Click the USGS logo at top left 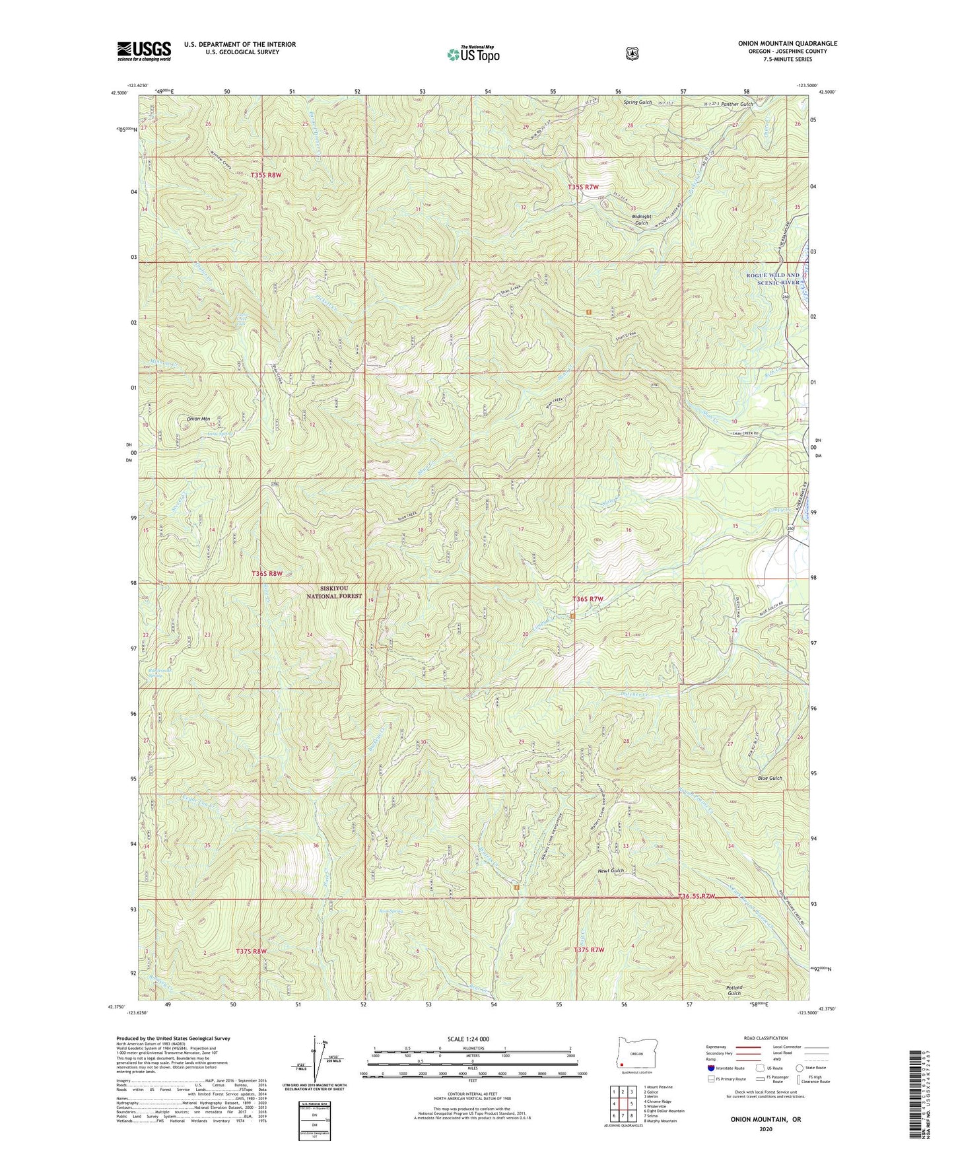click(144, 51)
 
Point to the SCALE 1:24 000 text click(469, 1039)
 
